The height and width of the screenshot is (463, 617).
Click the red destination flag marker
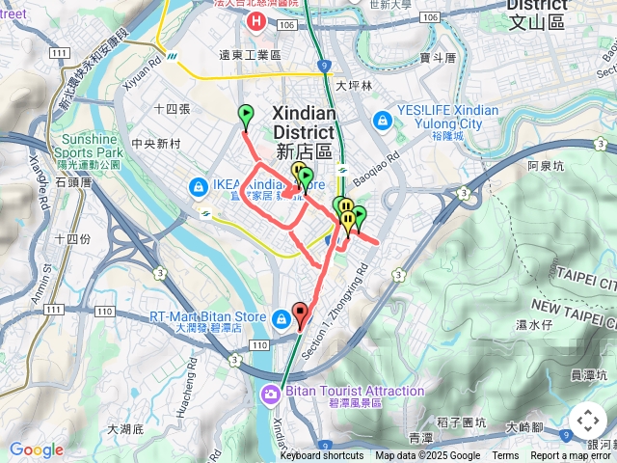pyautogui.click(x=300, y=313)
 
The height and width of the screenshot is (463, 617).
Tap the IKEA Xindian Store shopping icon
pyautogui.click(x=198, y=186)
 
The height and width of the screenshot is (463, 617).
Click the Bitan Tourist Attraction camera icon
pyautogui.click(x=270, y=392)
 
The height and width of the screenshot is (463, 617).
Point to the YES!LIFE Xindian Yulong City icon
pyautogui.click(x=382, y=120)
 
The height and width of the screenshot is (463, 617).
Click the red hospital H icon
pyautogui.click(x=255, y=20)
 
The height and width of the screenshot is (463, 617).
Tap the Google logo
pyautogui.click(x=36, y=449)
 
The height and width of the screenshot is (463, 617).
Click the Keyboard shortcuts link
pyautogui.click(x=322, y=456)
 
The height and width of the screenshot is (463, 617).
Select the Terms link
pyautogui.click(x=505, y=456)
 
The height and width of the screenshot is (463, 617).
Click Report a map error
pyautogui.click(x=570, y=456)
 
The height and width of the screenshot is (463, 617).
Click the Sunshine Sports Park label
pyautogui.click(x=89, y=146)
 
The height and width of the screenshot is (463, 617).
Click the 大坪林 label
pyautogui.click(x=355, y=86)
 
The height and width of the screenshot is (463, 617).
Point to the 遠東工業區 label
pyautogui.click(x=250, y=56)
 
